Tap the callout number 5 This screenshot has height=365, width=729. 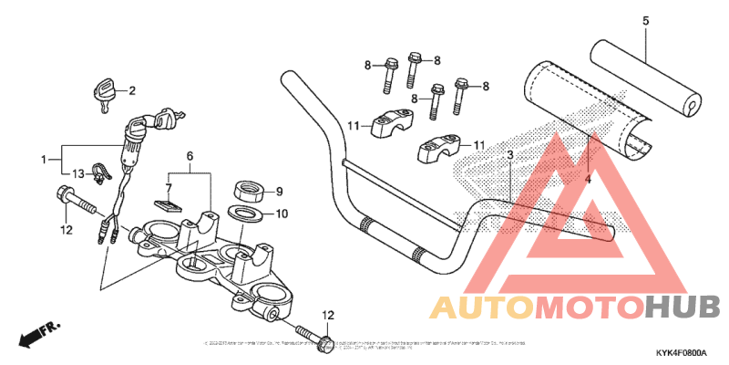click(x=645, y=20)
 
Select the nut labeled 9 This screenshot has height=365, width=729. click(x=247, y=192)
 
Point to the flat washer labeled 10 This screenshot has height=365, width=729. click(x=245, y=214)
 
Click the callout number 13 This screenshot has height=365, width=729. click(x=78, y=173)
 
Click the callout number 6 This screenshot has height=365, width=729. click(x=190, y=157)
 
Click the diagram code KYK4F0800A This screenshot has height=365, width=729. click(x=681, y=351)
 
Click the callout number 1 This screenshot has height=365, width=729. click(x=43, y=160)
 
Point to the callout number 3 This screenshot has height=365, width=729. click(x=509, y=155)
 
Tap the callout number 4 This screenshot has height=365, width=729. click(x=588, y=180)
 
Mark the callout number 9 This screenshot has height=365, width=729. click(x=280, y=192)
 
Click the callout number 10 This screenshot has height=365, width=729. click(x=282, y=214)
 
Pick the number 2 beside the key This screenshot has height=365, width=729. click(x=131, y=90)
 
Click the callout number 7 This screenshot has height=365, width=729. click(x=168, y=187)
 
